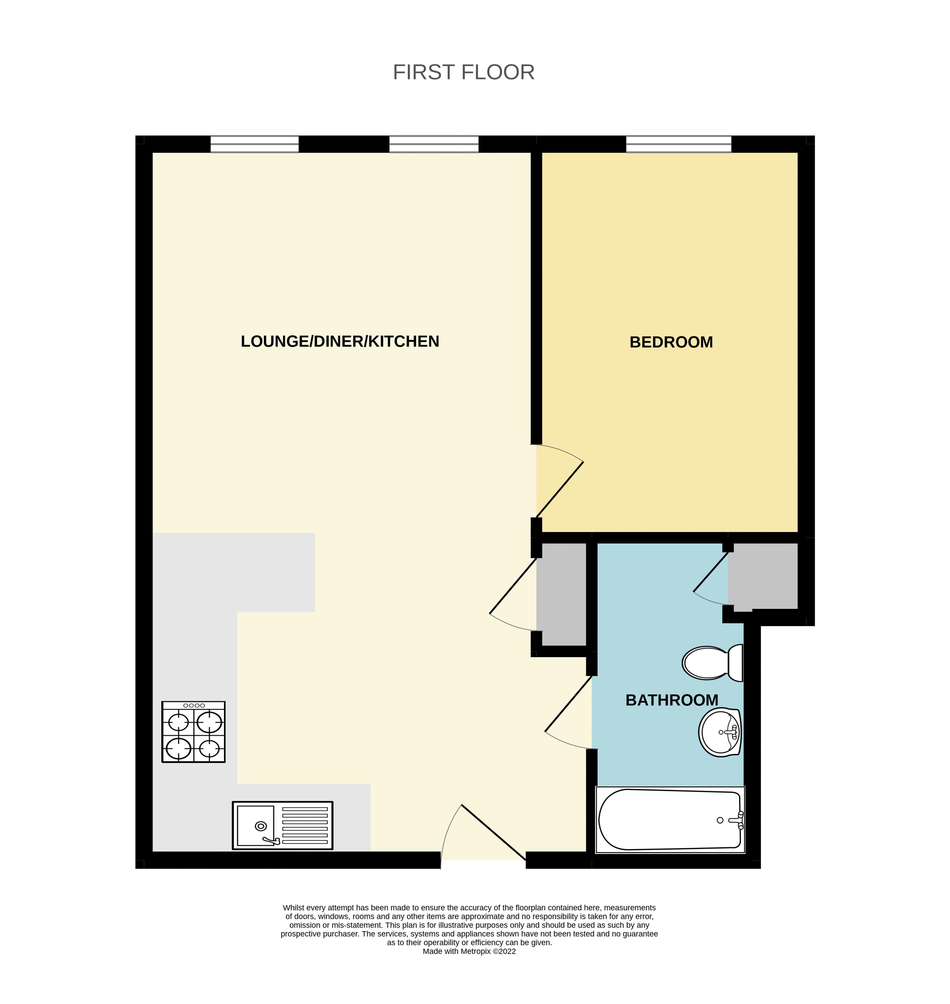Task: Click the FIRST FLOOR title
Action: tap(463, 72)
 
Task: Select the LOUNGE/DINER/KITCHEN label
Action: tap(340, 341)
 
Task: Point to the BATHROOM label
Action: tap(672, 700)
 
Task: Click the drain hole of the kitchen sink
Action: tap(261, 826)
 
